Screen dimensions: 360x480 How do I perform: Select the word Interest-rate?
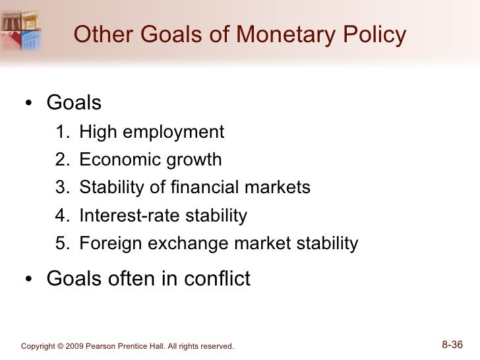(x=121, y=216)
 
